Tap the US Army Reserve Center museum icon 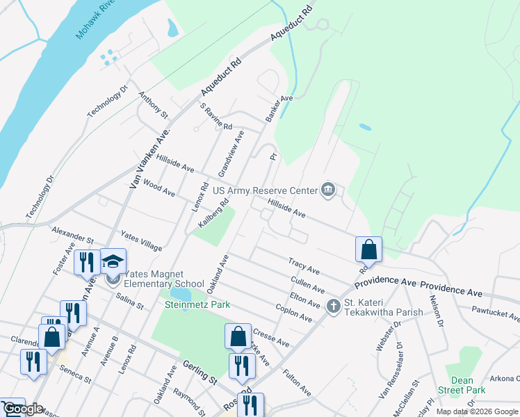(x=328, y=190)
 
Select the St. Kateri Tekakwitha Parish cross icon (x=334, y=306)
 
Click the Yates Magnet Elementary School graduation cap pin (x=113, y=263)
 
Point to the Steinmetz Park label (x=197, y=304)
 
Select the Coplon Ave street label (x=294, y=310)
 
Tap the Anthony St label (x=153, y=104)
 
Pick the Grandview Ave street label (x=231, y=153)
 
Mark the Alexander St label (x=72, y=234)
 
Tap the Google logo (x=22, y=409)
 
